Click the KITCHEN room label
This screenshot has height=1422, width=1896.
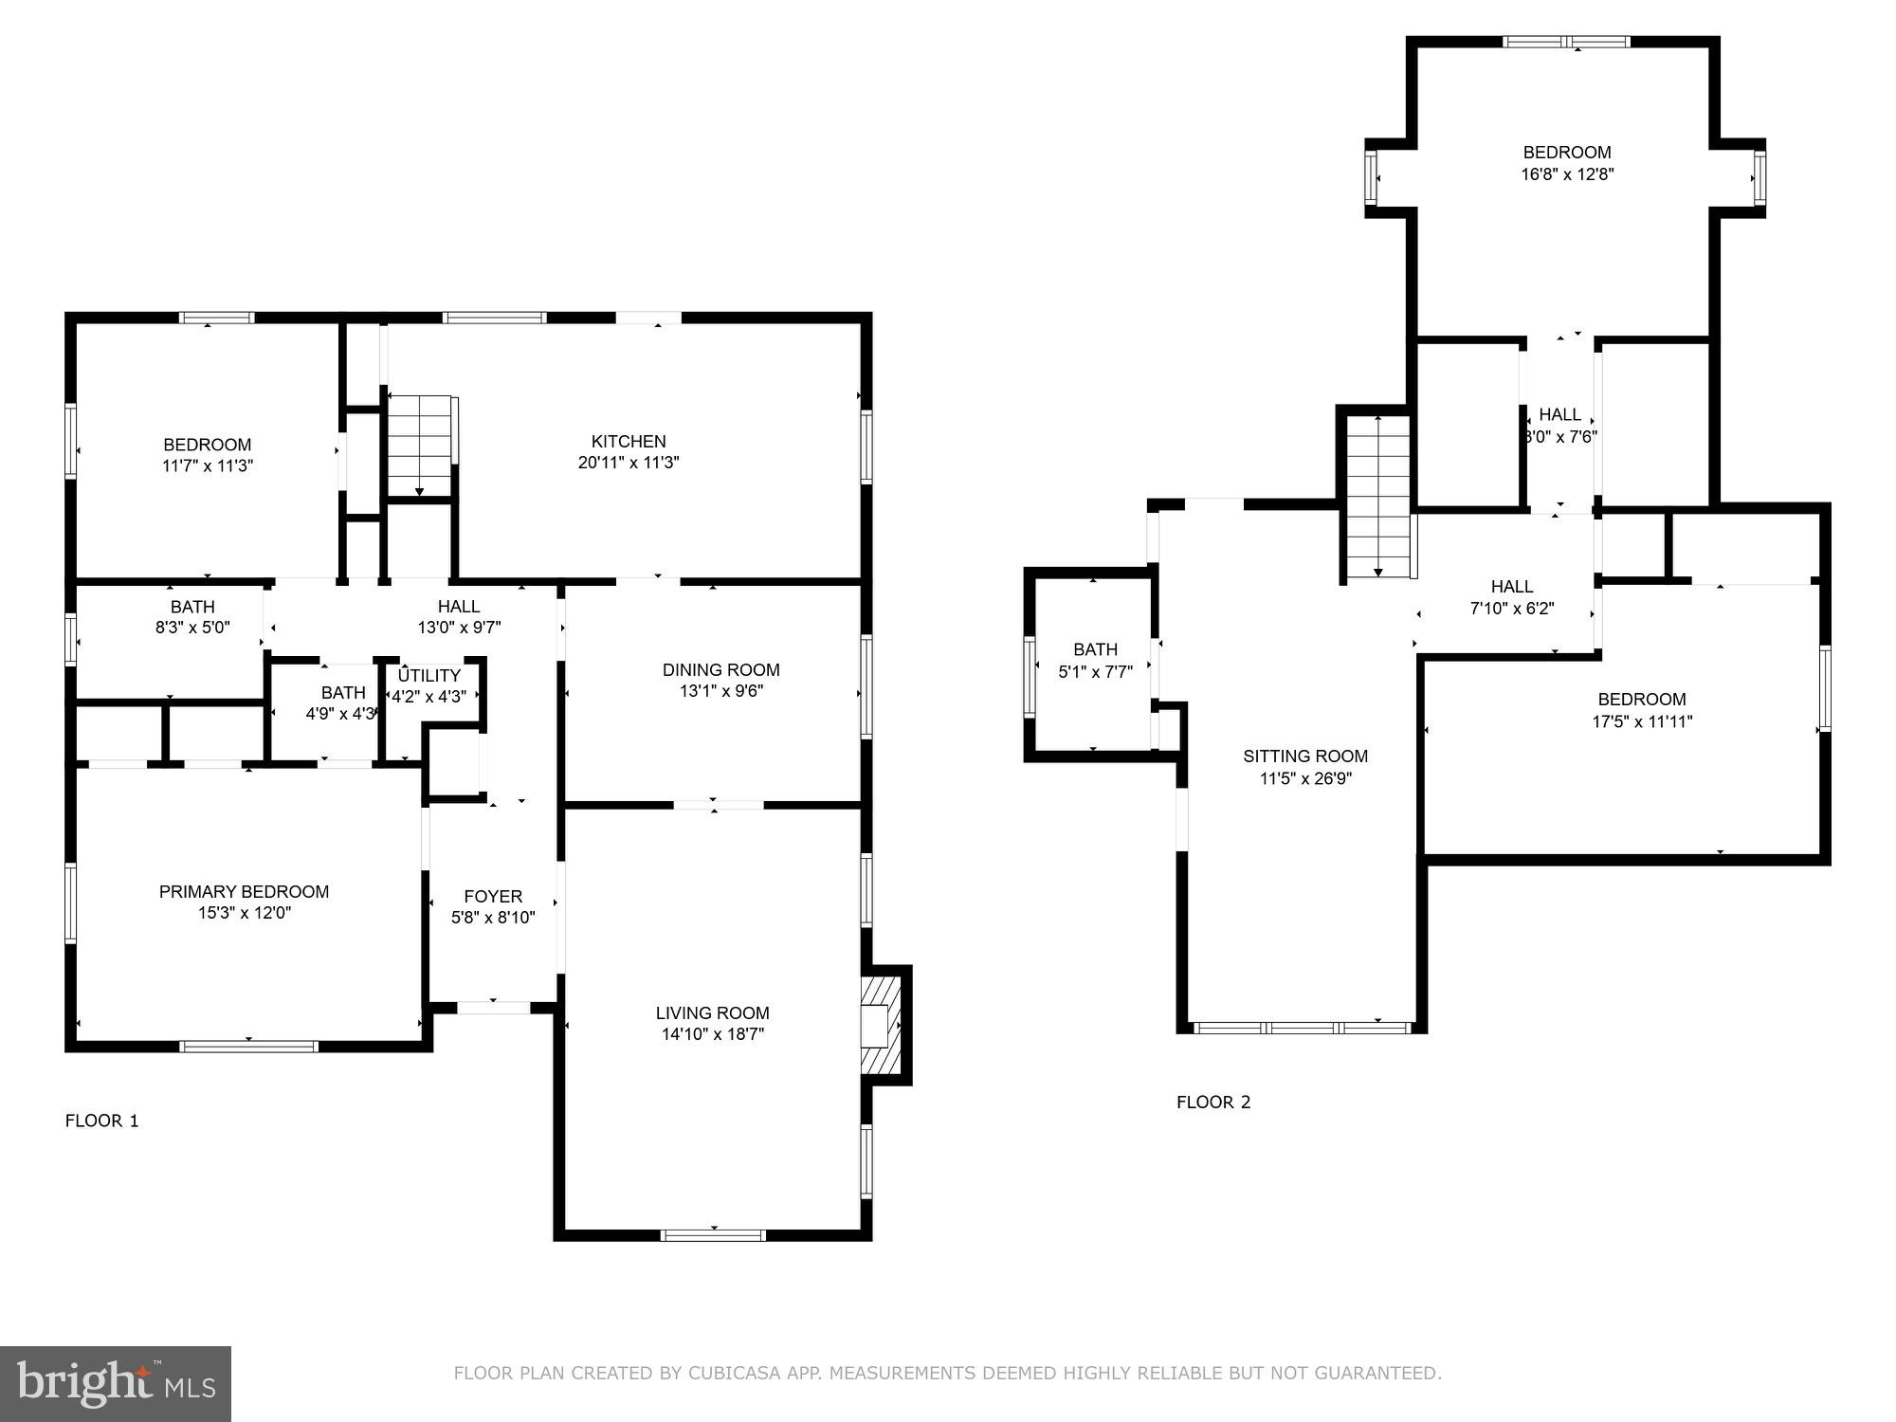pos(629,441)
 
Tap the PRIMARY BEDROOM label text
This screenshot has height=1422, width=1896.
pos(244,891)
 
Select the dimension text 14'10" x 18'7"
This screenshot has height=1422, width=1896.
pos(712,1034)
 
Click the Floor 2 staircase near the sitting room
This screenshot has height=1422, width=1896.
pos(1377,497)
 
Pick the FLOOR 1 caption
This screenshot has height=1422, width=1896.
pos(101,1121)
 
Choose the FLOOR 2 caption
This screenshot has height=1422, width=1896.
pos(1213,1102)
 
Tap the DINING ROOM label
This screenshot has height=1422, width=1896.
pos(720,670)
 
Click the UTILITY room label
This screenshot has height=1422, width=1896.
pos(429,675)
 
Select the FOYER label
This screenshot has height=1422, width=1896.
pos(493,896)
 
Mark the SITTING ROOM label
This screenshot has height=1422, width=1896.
pos(1305,756)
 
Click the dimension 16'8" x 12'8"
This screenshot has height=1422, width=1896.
pos(1567,174)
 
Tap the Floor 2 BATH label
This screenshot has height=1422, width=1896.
pos(1095,649)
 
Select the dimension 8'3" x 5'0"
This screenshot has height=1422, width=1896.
pos(192,628)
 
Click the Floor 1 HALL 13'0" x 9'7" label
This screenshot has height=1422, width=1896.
pos(459,607)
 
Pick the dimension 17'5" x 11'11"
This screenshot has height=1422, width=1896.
pos(1642,721)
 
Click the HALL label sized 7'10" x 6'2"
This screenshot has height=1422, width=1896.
pos(1511,587)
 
